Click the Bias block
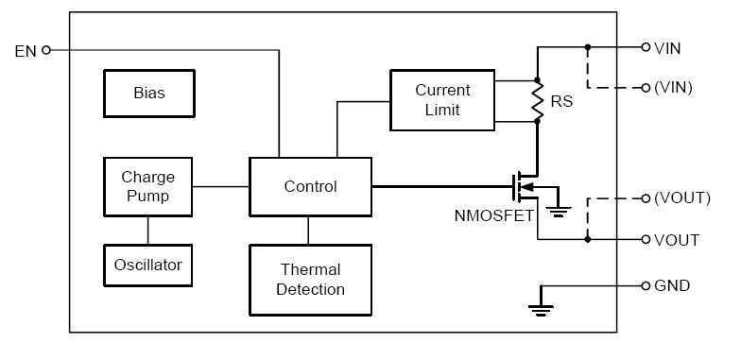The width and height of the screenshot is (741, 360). coord(148,94)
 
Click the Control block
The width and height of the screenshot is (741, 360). coord(310,186)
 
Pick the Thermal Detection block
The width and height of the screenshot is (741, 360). coord(310,280)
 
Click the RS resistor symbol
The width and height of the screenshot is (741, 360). coord(537,101)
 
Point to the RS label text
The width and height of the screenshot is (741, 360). coord(562,101)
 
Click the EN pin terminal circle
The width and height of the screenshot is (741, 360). coord(47,50)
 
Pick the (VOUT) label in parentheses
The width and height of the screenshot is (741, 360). coord(681,197)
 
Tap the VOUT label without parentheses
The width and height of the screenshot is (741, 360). coord(676,240)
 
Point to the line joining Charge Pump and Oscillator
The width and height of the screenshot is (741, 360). coord(146,230)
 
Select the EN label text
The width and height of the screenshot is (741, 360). coord(26,51)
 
